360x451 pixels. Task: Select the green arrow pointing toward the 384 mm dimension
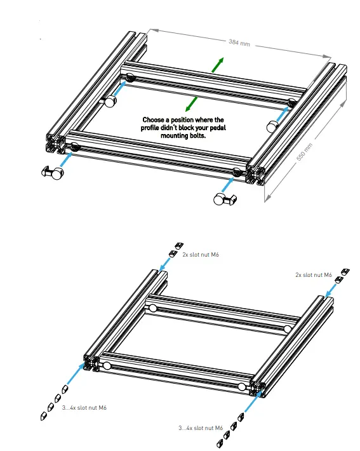pyautogui.click(x=217, y=64)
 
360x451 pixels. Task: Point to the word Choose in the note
pyautogui.click(x=154, y=119)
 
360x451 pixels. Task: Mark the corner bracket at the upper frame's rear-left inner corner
pyautogui.click(x=110, y=100)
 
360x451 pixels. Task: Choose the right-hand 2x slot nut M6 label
pyautogui.click(x=312, y=275)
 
